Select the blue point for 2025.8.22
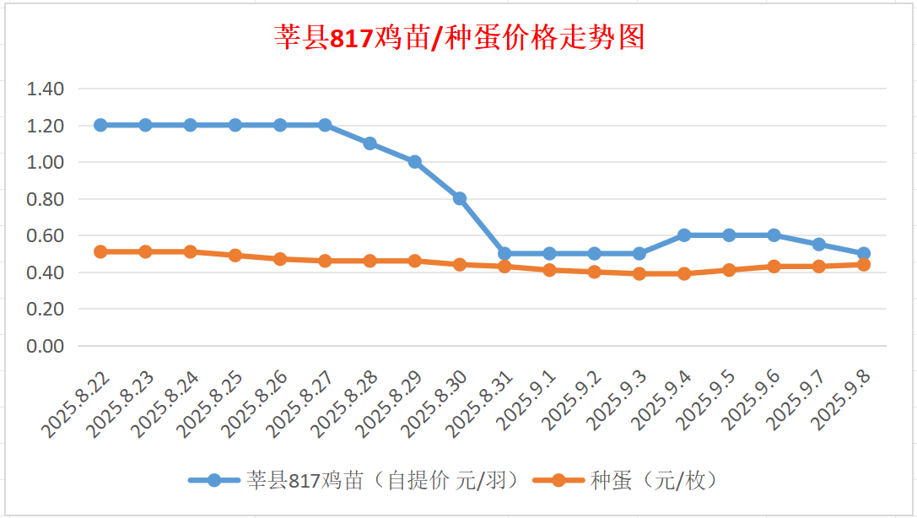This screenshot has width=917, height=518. click(100, 125)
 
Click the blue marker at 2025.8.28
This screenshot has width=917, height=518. click(369, 143)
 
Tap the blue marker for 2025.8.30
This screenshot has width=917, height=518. click(460, 198)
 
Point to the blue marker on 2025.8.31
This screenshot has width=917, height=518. click(504, 253)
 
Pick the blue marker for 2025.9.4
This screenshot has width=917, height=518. click(684, 235)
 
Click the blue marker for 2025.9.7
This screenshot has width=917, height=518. click(818, 245)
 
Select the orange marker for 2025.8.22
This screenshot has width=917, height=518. click(100, 251)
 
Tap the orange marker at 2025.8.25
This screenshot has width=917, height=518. click(235, 256)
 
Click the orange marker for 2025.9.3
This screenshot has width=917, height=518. click(639, 273)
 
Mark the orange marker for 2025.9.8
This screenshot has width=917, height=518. click(864, 264)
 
